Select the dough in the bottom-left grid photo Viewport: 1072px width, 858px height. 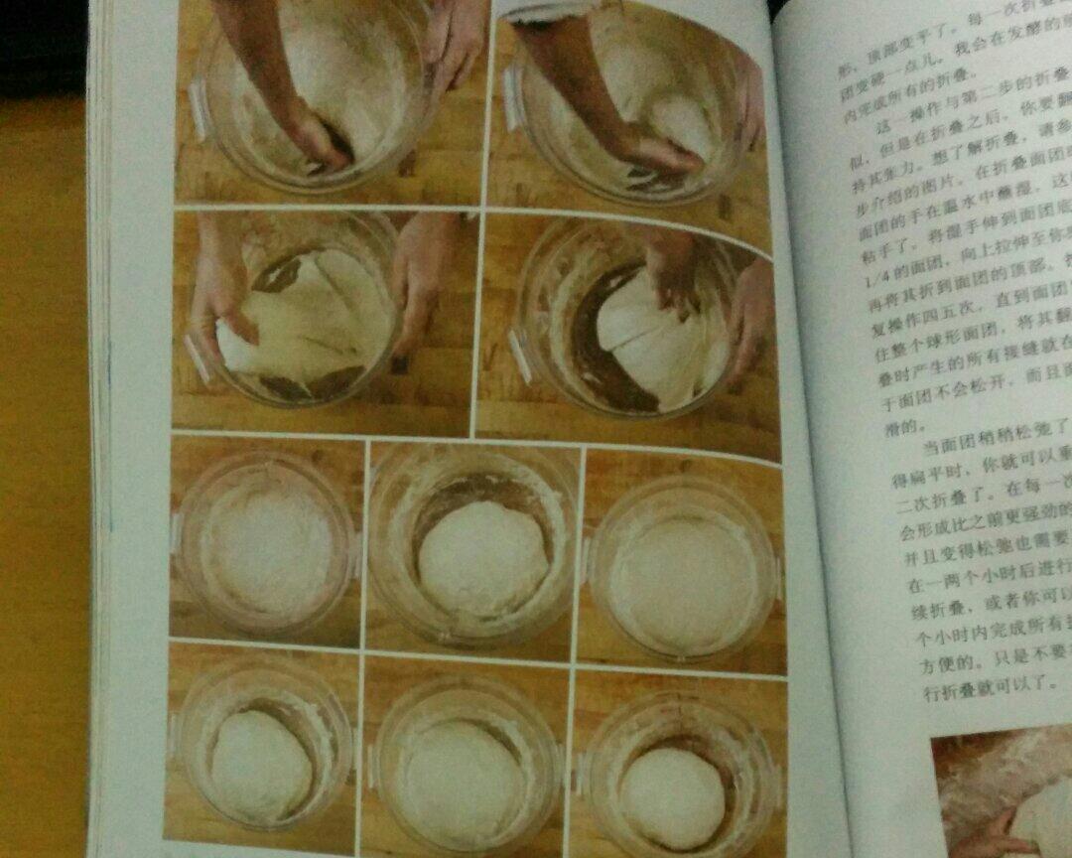261,766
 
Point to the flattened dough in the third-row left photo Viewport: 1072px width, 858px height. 266,551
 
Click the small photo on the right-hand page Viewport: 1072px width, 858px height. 1003,794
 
